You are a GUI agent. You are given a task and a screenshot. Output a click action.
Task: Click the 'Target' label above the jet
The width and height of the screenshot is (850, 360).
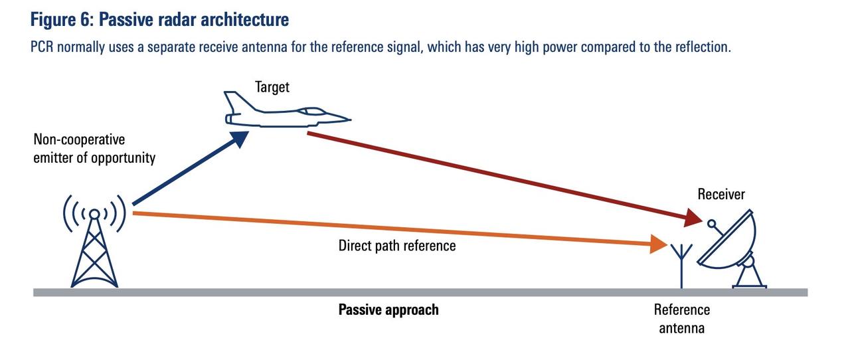point(272,88)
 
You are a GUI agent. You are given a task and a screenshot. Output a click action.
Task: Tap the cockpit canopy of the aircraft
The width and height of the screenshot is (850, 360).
point(311,112)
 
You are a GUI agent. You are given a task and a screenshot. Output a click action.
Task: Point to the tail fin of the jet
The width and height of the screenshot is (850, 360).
point(238,102)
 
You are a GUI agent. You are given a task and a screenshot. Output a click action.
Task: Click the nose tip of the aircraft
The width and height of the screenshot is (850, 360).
point(350,120)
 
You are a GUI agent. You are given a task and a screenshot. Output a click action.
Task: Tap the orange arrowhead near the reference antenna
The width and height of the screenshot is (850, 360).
point(658,244)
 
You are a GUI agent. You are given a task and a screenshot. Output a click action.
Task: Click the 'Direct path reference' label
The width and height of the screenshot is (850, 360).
point(397,246)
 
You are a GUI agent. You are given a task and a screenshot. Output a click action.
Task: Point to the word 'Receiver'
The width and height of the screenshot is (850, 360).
point(721,195)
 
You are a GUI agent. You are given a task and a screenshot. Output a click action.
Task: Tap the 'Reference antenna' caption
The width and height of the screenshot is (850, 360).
point(681,319)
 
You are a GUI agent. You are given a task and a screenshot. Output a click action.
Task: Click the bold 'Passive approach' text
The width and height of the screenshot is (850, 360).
point(388,310)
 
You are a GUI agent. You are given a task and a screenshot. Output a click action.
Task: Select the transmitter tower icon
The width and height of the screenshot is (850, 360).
point(94,241)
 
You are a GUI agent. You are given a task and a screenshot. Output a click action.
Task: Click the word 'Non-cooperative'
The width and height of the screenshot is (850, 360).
point(79,139)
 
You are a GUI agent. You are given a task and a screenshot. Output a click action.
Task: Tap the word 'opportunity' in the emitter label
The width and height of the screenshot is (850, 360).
point(124,158)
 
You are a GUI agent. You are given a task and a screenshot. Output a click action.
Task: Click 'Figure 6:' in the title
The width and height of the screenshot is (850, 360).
point(62,20)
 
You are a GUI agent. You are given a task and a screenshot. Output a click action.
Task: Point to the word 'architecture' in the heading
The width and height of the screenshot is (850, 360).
point(245,20)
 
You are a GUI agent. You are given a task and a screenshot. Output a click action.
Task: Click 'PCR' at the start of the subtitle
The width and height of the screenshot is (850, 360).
point(42,47)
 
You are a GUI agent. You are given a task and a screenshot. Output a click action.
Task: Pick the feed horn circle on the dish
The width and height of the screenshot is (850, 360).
point(712,223)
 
